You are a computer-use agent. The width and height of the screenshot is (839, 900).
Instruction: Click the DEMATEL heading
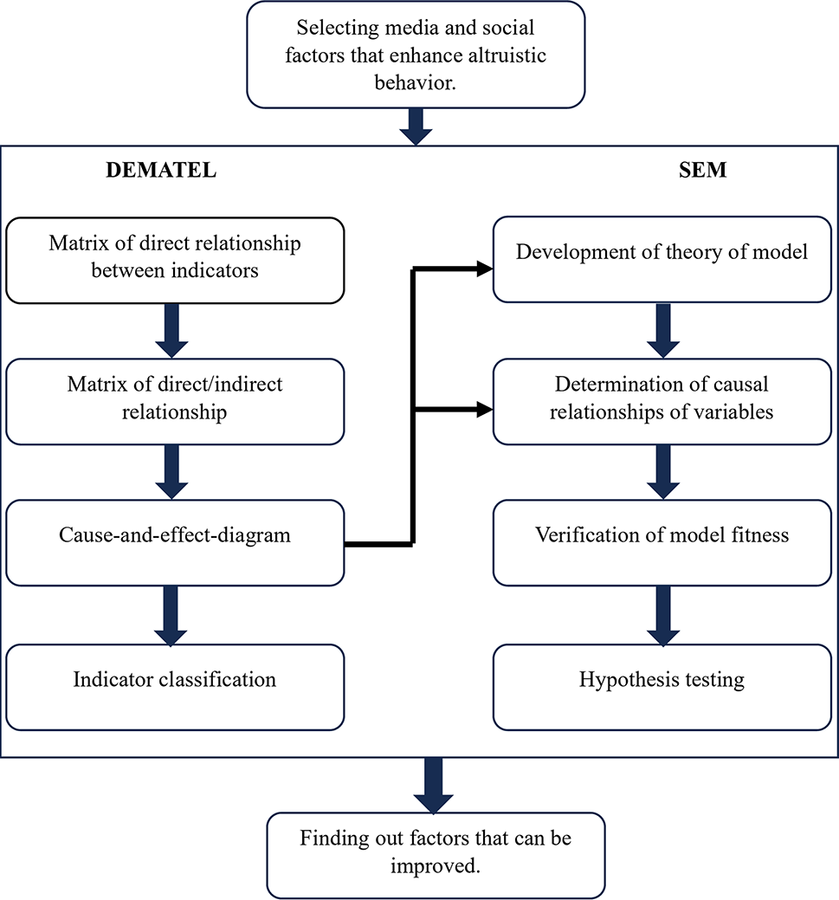[x=160, y=170]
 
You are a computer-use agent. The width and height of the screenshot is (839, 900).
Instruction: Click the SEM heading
[x=702, y=170]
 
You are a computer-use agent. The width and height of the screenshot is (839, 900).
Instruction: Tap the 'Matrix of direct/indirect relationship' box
[x=175, y=400]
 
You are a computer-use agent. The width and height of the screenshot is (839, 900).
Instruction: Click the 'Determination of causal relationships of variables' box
[x=662, y=400]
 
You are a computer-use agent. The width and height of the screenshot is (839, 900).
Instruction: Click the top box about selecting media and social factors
[x=416, y=54]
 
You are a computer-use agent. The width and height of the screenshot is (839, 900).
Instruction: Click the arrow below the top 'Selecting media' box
[x=416, y=126]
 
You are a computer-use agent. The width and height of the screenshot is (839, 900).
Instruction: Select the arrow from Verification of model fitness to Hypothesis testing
[x=662, y=614]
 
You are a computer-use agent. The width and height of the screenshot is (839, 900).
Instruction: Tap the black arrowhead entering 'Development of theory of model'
[x=481, y=269]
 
